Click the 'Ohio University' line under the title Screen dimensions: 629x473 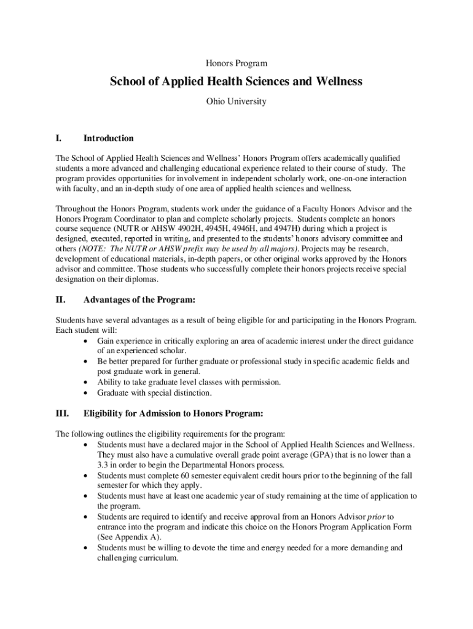pyautogui.click(x=236, y=101)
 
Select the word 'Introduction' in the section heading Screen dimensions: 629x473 pyautogui.click(x=109, y=139)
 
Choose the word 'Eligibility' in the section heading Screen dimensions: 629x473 pyautogui.click(x=107, y=413)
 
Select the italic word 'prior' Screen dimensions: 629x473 pyautogui.click(x=376, y=517)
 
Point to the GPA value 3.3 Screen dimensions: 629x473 pyautogui.click(x=103, y=466)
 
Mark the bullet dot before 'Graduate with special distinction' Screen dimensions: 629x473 pyautogui.click(x=84, y=393)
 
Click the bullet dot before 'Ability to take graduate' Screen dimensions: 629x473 pyautogui.click(x=84, y=383)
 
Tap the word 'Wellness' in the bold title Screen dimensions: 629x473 pyautogui.click(x=338, y=82)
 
